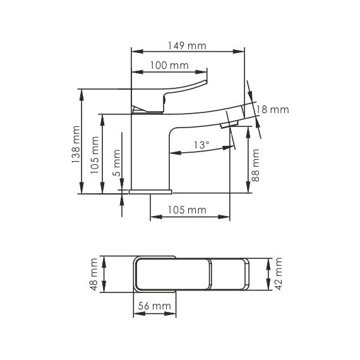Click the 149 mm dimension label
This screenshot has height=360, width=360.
187,45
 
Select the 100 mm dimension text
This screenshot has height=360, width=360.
169,66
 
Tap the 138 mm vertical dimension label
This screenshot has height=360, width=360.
76,145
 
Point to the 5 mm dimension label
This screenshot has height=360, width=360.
117,163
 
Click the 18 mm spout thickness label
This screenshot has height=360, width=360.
272,109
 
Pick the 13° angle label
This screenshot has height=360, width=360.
202,145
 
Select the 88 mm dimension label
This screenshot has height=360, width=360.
255,165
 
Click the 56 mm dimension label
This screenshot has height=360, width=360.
155,306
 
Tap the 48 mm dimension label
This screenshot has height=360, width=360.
94,274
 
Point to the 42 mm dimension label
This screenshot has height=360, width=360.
278,273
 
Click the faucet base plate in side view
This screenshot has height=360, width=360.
150,192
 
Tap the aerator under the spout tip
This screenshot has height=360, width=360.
228,125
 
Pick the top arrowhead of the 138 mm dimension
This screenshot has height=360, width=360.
81,95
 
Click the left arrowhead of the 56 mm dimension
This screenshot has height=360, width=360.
139,313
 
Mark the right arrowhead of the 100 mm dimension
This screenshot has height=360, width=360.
201,72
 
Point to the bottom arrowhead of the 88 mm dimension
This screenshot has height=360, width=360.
248,187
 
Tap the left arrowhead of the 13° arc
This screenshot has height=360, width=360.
176,153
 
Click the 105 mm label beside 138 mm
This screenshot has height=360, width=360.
95,155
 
